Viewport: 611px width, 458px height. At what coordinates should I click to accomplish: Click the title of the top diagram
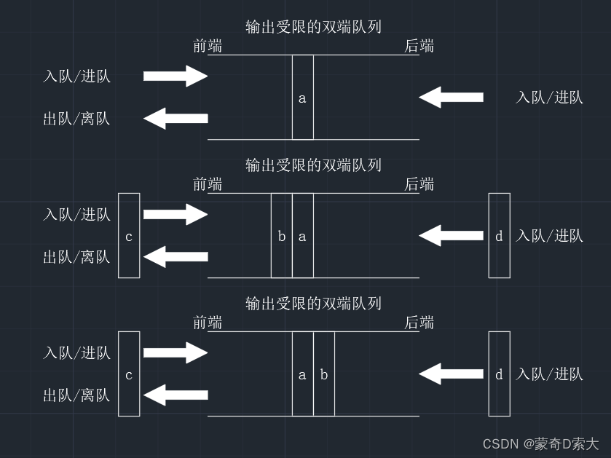click(313, 27)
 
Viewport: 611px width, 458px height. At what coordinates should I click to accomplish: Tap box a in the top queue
click(303, 97)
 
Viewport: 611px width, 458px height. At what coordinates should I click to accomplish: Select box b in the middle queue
click(282, 235)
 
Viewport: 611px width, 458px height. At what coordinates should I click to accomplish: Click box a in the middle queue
click(303, 235)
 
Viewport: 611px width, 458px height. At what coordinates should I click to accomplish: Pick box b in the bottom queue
click(324, 374)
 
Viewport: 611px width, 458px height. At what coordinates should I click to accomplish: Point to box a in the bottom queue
click(303, 374)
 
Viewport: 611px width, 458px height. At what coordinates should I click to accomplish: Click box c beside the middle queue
click(129, 235)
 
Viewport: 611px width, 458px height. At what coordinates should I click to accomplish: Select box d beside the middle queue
click(499, 235)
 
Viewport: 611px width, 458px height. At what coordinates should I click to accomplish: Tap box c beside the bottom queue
click(129, 374)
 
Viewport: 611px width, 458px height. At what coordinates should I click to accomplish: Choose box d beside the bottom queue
click(499, 374)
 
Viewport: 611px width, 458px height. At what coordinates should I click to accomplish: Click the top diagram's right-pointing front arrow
click(176, 76)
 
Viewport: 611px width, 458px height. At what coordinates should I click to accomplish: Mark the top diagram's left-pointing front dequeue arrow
click(176, 118)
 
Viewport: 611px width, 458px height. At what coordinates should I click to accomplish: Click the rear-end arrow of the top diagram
click(451, 97)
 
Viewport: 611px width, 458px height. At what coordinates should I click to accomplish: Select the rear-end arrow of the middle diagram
click(451, 235)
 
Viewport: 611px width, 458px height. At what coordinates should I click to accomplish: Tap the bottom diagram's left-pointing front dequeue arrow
click(176, 395)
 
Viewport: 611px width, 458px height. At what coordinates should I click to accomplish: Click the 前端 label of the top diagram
click(208, 46)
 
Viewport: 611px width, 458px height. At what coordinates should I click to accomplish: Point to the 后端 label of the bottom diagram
click(419, 323)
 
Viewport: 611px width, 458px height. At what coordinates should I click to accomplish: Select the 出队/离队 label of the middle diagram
click(76, 256)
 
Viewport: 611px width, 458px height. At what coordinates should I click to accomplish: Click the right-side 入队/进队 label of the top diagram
click(549, 97)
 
